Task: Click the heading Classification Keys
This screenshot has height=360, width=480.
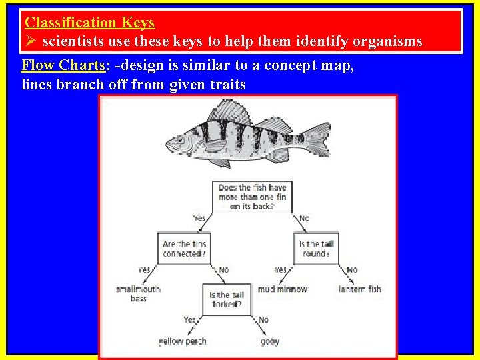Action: tap(89, 22)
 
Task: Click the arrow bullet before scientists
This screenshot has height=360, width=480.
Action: tap(31, 41)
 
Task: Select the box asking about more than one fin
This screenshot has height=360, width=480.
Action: tap(252, 197)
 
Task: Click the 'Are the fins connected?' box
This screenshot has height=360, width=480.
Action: tap(185, 249)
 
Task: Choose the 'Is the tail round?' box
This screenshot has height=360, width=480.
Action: tap(317, 249)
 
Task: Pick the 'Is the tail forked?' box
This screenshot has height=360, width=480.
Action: tap(227, 299)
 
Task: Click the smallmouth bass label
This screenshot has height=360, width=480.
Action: tap(139, 293)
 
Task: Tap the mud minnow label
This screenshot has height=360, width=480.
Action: tap(282, 289)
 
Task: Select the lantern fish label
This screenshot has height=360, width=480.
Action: tap(359, 289)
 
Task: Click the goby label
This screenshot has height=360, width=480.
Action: tap(269, 341)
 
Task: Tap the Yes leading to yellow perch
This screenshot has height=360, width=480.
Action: tap(190, 320)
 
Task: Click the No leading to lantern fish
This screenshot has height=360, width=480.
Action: tap(351, 269)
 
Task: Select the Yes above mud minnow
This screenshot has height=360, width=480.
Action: tap(281, 269)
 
